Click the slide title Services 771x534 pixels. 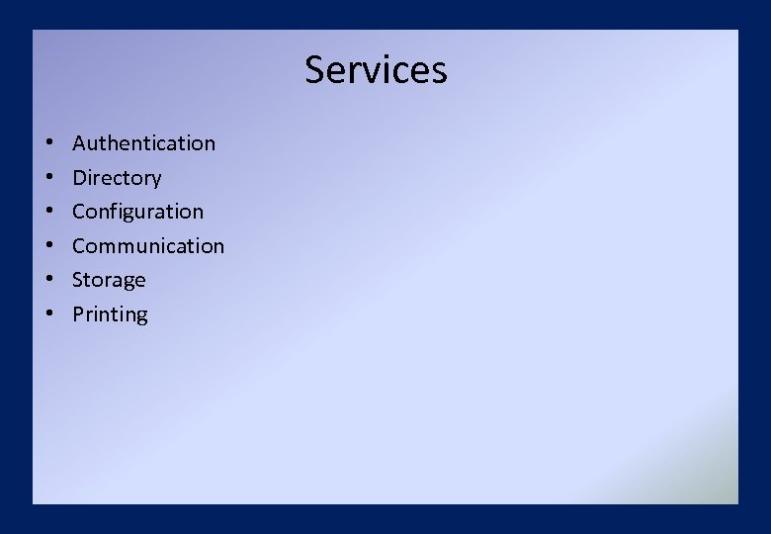click(x=376, y=70)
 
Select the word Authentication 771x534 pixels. click(x=143, y=143)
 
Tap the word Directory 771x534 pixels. click(x=117, y=178)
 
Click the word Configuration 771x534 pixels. click(x=137, y=212)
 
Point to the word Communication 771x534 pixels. click(x=148, y=246)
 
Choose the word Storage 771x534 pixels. click(x=109, y=280)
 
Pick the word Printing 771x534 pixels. click(x=110, y=314)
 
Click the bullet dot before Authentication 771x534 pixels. click(x=47, y=144)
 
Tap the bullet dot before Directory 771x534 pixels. click(x=47, y=179)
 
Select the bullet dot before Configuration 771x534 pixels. click(x=47, y=213)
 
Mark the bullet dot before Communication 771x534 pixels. click(x=47, y=247)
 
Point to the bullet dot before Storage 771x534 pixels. click(x=47, y=281)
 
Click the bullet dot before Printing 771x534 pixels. click(x=47, y=315)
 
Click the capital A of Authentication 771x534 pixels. click(x=79, y=143)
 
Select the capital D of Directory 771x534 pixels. click(x=80, y=178)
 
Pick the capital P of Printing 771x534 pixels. click(x=78, y=314)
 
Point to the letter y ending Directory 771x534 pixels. click(x=155, y=181)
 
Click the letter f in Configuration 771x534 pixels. click(x=111, y=211)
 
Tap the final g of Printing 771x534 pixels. click(x=141, y=317)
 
